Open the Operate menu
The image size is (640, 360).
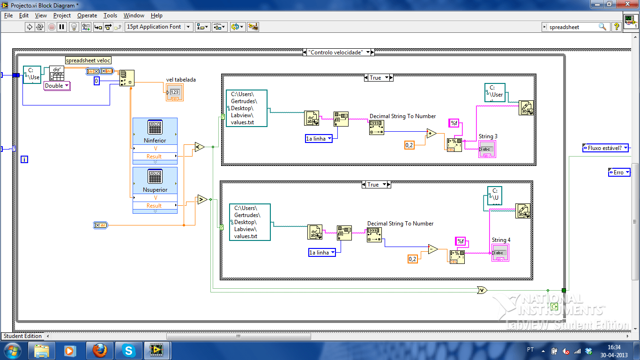87,15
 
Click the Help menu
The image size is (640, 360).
157,15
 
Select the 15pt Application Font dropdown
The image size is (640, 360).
159,27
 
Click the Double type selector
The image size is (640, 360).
57,86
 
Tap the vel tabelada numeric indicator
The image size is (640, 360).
174,92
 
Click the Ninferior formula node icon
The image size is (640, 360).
155,127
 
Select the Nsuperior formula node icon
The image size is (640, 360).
155,176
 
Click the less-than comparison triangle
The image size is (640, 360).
199,147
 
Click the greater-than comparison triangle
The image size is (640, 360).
202,199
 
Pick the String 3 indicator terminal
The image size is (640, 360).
487,149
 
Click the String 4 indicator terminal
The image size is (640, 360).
500,253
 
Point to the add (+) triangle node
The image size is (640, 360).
431,134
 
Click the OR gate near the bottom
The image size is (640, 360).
482,290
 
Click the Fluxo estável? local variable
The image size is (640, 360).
605,148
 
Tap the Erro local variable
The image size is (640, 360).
618,172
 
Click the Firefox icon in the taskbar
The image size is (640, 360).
99,350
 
